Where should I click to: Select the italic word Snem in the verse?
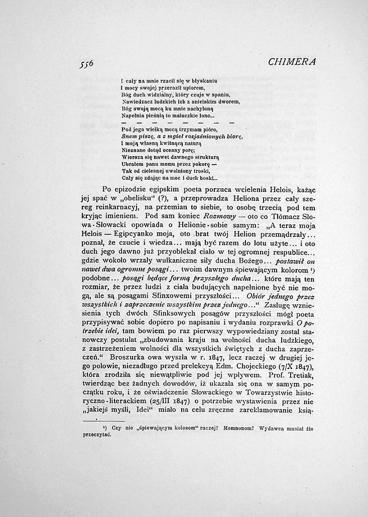pos(129,136)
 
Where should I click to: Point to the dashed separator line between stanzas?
pos(178,122)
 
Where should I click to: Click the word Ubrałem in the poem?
pos(134,164)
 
